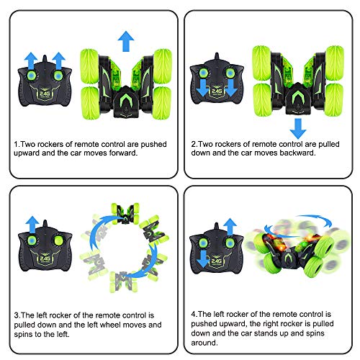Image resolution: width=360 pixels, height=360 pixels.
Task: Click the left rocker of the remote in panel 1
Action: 31,77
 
